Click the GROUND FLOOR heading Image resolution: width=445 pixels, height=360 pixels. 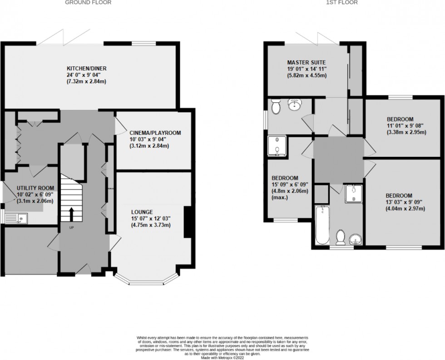tap(88, 2)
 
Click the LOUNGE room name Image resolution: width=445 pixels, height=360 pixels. tap(141, 212)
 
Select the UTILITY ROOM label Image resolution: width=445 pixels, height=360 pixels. tap(35, 188)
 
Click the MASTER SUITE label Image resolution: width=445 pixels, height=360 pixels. tap(306, 62)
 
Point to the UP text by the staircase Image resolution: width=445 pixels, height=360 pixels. tap(71, 227)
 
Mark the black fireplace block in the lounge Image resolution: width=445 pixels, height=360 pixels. tap(187, 222)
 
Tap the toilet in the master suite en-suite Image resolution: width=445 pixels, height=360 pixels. tap(275, 107)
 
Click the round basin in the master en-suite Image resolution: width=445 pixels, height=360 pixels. tap(293, 105)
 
